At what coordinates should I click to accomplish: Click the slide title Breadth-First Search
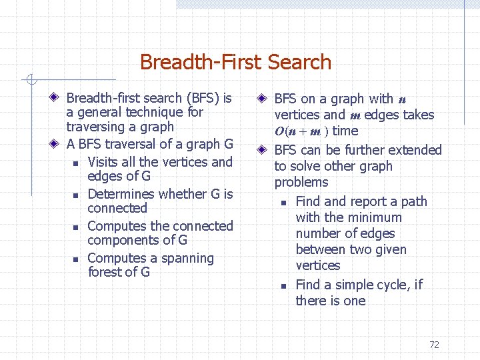click(235, 62)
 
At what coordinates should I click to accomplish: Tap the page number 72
click(434, 345)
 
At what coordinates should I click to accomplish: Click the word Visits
click(105, 162)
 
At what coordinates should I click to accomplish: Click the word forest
click(105, 272)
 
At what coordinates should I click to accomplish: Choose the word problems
click(301, 182)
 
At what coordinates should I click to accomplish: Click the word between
click(323, 249)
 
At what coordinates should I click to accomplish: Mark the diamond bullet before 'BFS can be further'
click(263, 150)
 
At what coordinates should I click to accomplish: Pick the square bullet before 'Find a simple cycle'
click(283, 286)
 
